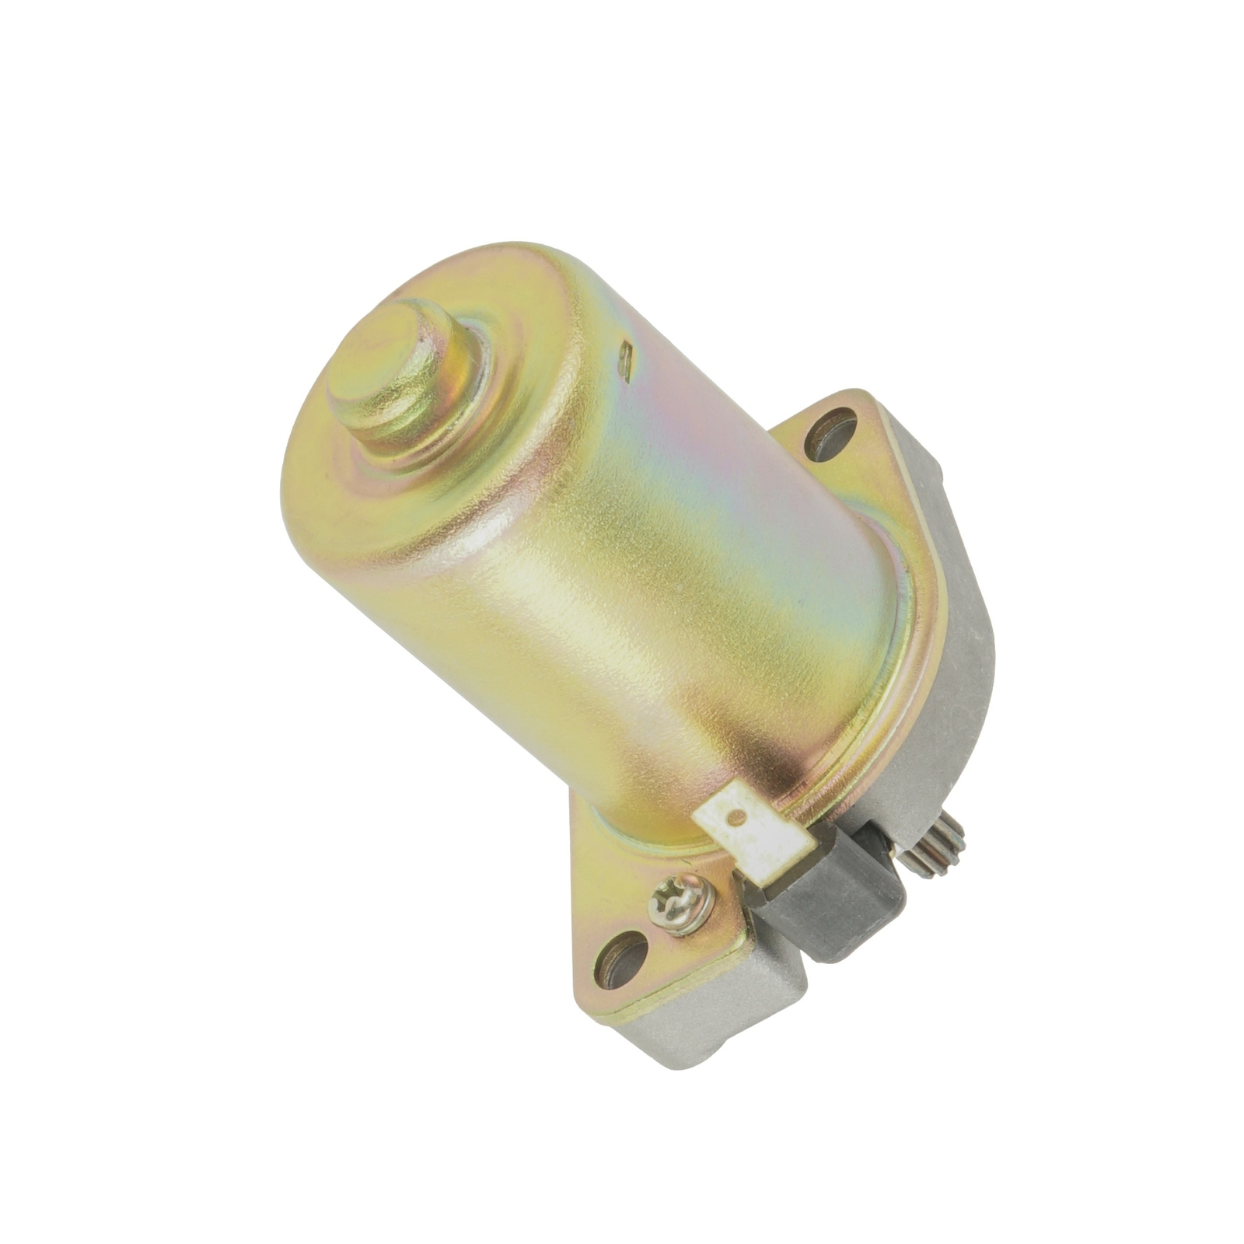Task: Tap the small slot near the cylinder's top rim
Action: (625, 360)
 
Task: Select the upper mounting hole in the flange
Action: (830, 434)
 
